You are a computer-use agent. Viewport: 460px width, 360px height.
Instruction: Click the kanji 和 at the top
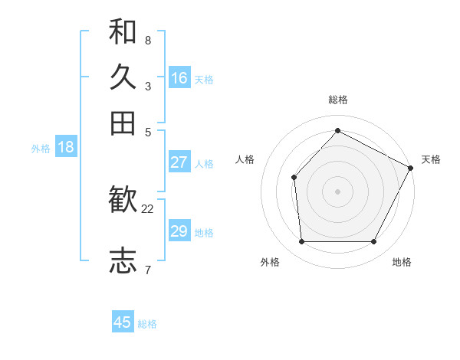click(123, 31)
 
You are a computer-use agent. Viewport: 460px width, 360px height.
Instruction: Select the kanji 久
click(123, 77)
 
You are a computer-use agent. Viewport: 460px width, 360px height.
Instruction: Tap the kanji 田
click(123, 123)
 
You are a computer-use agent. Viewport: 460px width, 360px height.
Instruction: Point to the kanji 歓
click(123, 201)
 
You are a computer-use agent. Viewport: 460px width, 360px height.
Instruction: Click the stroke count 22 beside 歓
click(148, 208)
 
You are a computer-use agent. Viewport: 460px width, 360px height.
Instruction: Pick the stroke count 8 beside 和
click(147, 40)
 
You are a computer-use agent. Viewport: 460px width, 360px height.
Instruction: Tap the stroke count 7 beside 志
click(147, 269)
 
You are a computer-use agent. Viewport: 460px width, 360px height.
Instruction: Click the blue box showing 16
click(179, 78)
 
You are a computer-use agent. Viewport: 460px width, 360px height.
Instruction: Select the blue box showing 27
click(179, 162)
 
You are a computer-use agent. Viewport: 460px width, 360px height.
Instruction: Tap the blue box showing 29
click(179, 231)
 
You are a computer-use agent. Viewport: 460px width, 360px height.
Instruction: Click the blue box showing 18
click(66, 148)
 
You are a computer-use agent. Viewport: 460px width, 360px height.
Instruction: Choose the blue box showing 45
click(123, 322)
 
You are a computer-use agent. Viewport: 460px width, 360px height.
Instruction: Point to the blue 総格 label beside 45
click(147, 324)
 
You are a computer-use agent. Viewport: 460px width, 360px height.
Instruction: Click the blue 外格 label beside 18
click(41, 149)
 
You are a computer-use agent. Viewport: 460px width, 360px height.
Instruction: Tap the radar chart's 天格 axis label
click(431, 159)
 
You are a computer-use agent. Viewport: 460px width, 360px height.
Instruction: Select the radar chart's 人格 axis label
click(245, 159)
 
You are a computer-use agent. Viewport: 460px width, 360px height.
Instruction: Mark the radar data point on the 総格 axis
click(337, 130)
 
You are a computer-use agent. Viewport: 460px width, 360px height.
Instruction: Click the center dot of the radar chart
click(337, 191)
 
